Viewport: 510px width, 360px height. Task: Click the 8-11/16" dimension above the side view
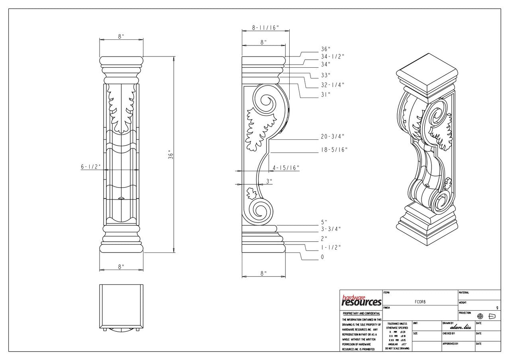(x=265, y=27)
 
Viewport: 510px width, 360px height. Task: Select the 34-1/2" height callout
(x=333, y=57)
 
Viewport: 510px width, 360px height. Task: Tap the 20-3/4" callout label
(x=333, y=136)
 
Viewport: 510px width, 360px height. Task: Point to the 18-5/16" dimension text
(x=334, y=149)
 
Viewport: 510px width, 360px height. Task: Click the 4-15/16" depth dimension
(x=286, y=168)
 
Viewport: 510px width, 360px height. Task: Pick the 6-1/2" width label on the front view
(x=91, y=167)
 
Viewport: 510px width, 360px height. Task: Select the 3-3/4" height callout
(x=331, y=229)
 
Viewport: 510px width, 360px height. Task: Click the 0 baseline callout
(x=322, y=257)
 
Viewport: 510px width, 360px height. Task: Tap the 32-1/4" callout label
(x=333, y=85)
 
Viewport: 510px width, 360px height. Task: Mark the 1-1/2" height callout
(x=331, y=247)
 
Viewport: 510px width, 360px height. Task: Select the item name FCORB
(x=420, y=302)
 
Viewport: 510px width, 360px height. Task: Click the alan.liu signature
(x=460, y=327)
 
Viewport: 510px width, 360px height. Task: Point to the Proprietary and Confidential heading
(x=361, y=314)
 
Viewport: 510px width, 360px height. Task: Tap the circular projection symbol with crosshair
(x=480, y=316)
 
